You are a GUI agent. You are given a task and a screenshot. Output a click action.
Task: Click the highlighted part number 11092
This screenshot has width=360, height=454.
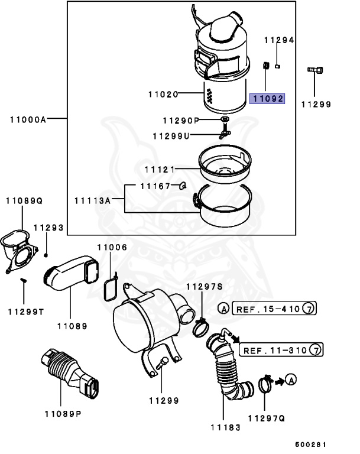coord(267,99)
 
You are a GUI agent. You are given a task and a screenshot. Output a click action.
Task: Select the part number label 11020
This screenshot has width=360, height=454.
coord(163,94)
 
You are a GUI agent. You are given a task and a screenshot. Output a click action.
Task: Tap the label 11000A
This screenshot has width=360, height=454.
coord(28,119)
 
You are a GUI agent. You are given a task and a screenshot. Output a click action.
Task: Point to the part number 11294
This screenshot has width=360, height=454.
coord(278,40)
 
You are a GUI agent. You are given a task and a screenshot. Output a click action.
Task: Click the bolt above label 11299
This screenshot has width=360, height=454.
coord(314,71)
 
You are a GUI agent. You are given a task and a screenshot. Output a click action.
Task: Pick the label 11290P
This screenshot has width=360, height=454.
coord(180,121)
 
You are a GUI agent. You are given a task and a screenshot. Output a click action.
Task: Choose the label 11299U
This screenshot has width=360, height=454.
coord(171,135)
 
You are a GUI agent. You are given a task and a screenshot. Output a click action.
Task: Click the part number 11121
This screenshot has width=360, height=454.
coord(160,170)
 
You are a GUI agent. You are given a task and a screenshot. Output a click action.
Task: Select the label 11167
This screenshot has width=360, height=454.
coord(154,186)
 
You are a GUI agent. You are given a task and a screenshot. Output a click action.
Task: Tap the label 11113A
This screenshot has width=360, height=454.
coord(92,200)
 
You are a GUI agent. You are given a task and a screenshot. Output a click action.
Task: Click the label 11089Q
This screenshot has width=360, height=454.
coord(25,201)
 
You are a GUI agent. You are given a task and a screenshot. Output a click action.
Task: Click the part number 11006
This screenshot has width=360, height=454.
coord(112,248)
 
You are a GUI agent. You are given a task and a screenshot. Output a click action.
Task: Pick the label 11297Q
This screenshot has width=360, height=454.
coord(266,418)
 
